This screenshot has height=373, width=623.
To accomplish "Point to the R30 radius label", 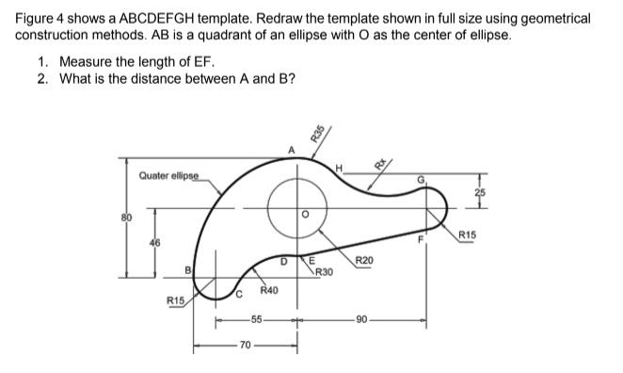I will pos(323,273).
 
